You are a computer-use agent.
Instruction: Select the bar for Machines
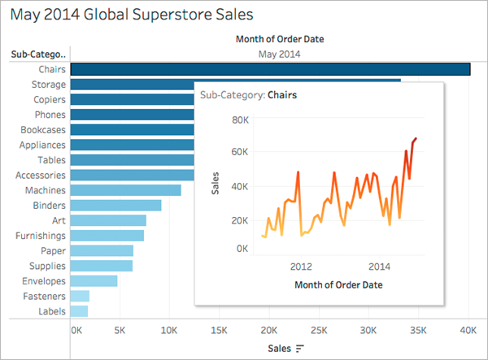(x=126, y=190)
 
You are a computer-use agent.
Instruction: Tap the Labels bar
(x=79, y=311)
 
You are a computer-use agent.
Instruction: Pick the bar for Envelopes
(x=94, y=281)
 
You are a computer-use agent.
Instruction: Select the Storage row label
(x=49, y=85)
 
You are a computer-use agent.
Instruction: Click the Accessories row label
(x=41, y=175)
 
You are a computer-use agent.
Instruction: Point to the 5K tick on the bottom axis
(x=121, y=332)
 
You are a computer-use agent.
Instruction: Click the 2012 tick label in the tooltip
(x=302, y=266)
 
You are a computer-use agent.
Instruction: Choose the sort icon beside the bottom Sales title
(x=300, y=349)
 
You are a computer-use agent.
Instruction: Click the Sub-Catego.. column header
(x=37, y=54)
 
